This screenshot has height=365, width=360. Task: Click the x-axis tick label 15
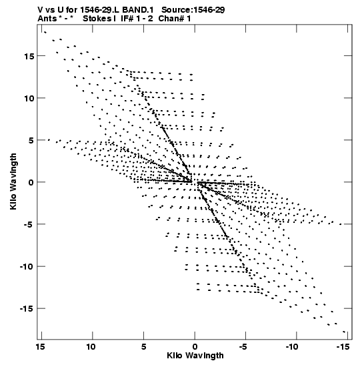40,347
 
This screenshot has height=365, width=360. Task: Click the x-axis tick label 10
91,347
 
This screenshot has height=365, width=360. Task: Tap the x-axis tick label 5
144,347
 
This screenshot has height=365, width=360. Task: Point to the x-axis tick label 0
195,347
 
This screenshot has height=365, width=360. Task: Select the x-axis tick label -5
243,347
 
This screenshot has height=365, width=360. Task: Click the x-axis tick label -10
292,347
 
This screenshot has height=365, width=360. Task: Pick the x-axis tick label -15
343,347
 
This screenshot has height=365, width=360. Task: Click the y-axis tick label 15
29,56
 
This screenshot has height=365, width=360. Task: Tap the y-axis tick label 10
29,98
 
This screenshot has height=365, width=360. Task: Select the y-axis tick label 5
31,140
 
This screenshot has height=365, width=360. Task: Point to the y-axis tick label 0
31,183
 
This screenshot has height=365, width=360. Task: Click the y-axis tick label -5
29,224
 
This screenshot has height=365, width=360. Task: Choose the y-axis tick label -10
27,266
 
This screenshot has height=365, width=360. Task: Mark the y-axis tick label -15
27,309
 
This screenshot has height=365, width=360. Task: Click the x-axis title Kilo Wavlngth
195,356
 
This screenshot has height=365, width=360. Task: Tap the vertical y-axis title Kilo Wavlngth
13,181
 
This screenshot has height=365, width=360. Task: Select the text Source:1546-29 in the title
193,10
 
